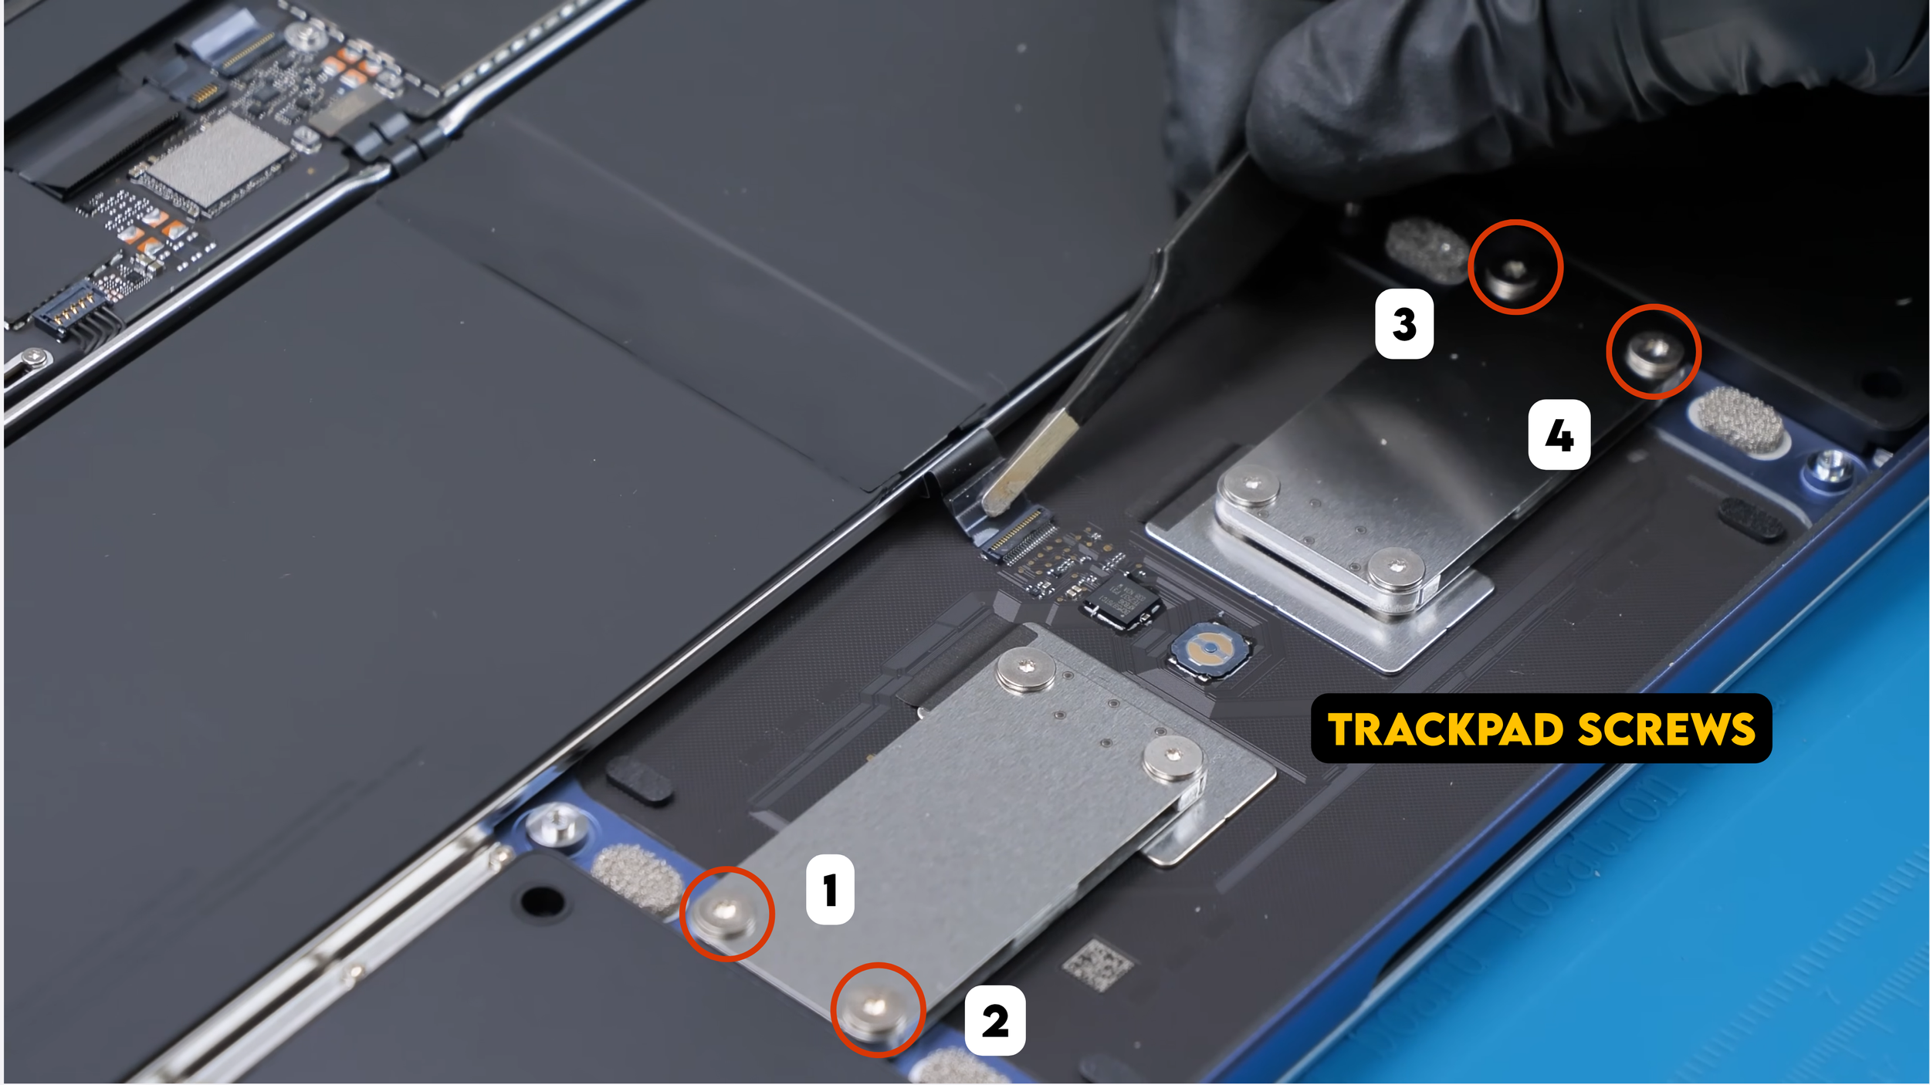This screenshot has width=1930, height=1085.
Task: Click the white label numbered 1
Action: coord(830,890)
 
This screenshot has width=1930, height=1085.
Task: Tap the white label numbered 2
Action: coord(995,1020)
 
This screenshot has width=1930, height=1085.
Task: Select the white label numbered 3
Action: coord(1404,323)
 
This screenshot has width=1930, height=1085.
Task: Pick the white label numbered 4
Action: coord(1559,434)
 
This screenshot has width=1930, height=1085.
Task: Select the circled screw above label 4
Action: coord(1654,354)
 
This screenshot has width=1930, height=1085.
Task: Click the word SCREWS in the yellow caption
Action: coord(1667,729)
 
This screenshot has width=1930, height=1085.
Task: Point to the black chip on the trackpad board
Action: coord(1121,602)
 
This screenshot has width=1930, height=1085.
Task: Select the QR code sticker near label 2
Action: coord(1097,964)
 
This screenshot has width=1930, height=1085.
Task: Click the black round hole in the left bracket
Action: coord(542,901)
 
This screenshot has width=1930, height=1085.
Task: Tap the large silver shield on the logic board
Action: coord(217,159)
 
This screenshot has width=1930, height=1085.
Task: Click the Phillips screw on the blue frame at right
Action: coord(1830,467)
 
